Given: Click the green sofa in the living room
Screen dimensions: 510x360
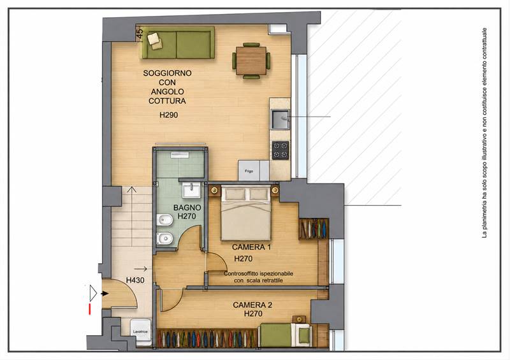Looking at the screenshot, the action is coord(178,43).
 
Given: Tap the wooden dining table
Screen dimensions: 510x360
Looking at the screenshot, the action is coord(251,61).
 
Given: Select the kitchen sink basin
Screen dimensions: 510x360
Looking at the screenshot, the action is coord(280,119).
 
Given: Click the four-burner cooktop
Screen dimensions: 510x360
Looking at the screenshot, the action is coord(280,150).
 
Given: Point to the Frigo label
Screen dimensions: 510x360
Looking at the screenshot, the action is coord(249,171).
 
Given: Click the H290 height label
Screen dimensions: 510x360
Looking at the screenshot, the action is coord(168,115).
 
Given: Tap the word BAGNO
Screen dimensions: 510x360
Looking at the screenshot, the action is coord(187,208).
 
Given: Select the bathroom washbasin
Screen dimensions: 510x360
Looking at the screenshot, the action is coord(191,191).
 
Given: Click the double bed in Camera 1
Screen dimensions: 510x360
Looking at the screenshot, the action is coord(245,213).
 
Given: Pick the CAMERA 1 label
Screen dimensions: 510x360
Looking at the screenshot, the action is coord(251,247).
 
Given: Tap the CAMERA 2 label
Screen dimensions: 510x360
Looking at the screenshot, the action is coord(252,305).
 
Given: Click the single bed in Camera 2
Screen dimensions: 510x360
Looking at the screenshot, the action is coord(285,335).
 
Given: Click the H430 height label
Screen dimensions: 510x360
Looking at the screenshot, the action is coord(135,280).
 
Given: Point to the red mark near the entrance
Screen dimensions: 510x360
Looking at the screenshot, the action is coord(89,309).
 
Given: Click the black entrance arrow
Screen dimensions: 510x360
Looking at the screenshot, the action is coord(105,294).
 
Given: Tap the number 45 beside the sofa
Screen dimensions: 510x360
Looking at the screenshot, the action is coord(139,32).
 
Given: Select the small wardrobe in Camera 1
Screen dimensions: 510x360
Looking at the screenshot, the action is coord(314,229).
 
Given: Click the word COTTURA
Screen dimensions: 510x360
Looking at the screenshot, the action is coord(167,101).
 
